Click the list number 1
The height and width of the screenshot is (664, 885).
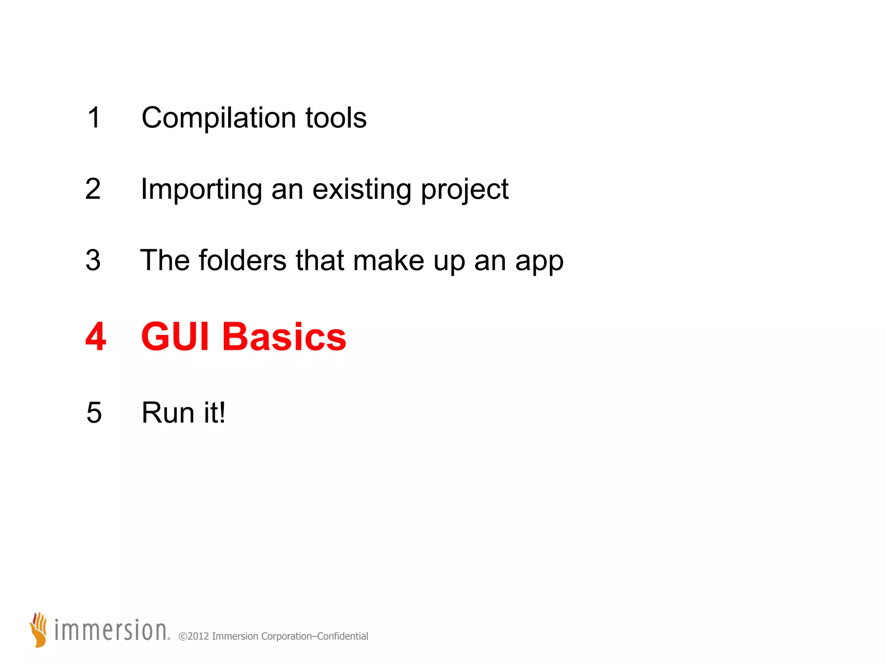[94, 118]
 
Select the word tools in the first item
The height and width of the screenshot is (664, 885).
[336, 118]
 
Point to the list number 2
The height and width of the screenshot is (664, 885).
[93, 189]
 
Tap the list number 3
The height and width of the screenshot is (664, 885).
[93, 260]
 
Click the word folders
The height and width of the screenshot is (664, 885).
[242, 260]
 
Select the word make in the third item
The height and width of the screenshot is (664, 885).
[388, 261]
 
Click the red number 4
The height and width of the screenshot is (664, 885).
[96, 336]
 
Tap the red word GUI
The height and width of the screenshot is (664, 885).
[175, 337]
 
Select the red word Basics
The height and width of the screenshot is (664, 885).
[284, 337]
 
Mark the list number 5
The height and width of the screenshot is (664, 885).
[94, 413]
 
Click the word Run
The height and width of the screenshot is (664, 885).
[168, 413]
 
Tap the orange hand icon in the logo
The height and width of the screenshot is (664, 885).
[39, 629]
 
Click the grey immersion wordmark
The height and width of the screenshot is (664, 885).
[111, 630]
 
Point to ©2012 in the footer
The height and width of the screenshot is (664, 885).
[194, 636]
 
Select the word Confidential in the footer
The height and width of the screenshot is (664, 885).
[343, 636]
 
